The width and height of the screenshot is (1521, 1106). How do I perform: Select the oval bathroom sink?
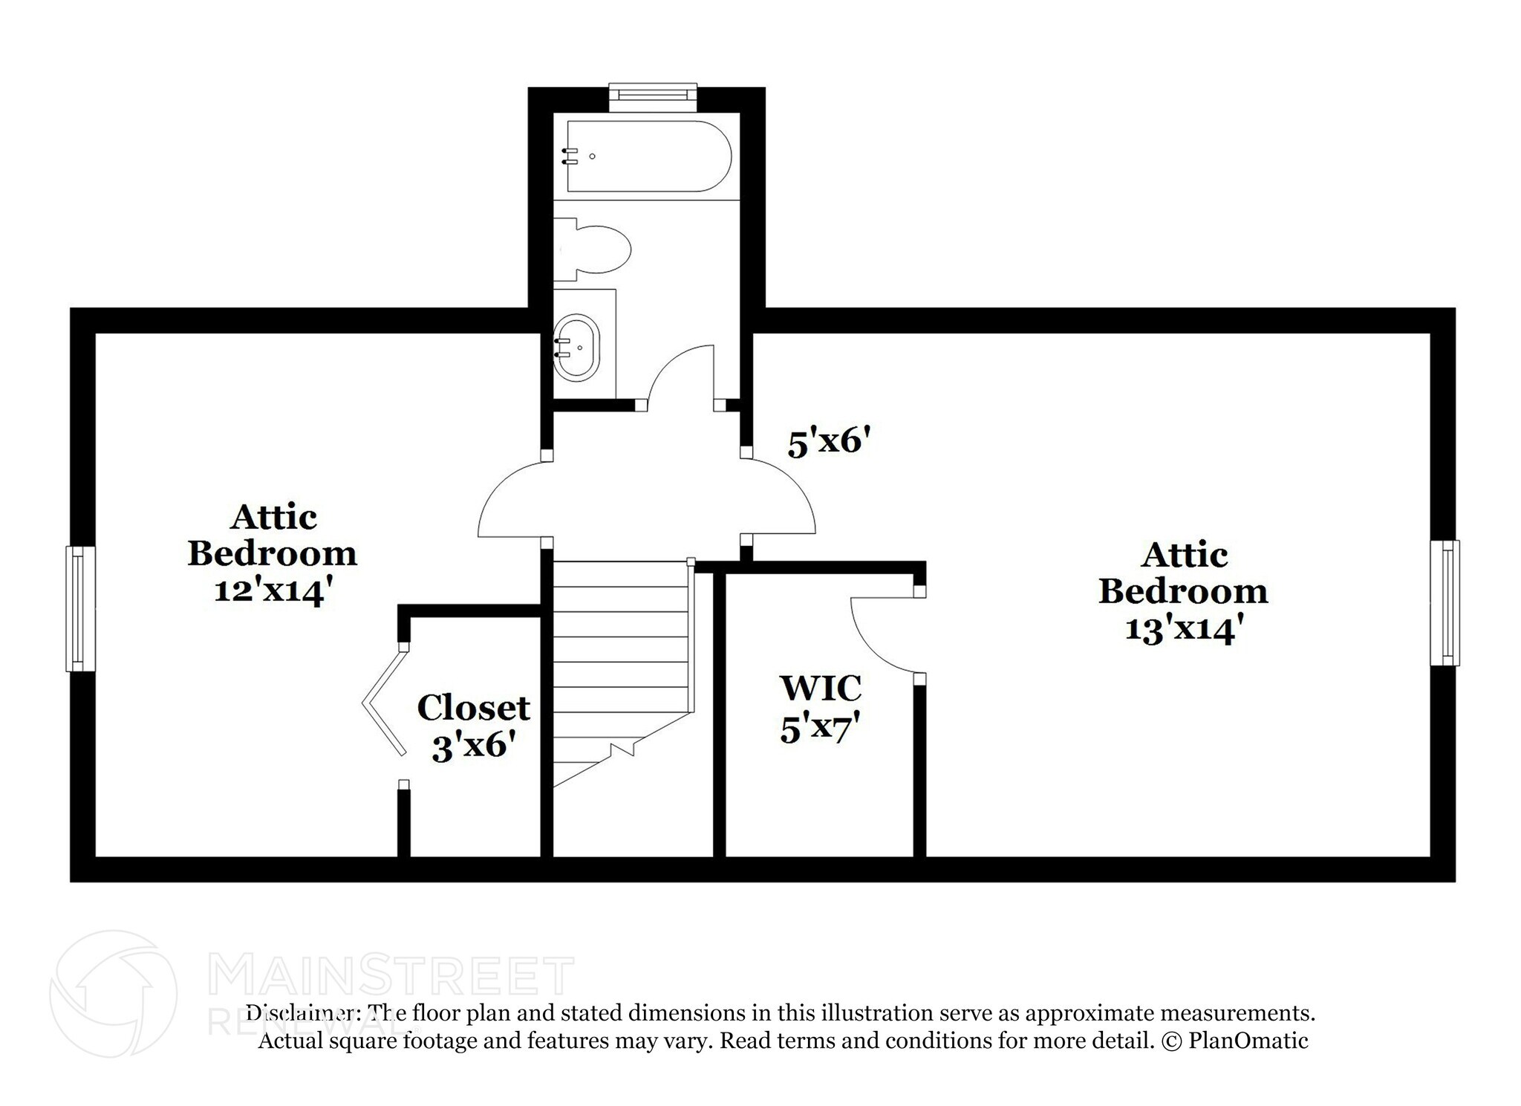577,348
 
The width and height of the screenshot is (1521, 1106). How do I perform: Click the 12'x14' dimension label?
272,591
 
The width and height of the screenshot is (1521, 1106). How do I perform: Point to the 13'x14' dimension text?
1184,629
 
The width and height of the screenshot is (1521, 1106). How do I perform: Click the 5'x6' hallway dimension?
828,443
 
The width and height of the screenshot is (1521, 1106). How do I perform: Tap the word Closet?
473,708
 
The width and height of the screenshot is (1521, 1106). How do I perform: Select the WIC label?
820,688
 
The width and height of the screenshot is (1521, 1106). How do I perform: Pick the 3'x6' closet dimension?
473,745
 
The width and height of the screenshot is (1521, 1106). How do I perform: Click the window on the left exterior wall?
80,608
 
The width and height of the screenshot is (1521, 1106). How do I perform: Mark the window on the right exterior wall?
1445,602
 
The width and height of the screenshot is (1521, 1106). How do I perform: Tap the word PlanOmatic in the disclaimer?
1248,1041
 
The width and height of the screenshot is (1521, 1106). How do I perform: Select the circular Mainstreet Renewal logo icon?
113,993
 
